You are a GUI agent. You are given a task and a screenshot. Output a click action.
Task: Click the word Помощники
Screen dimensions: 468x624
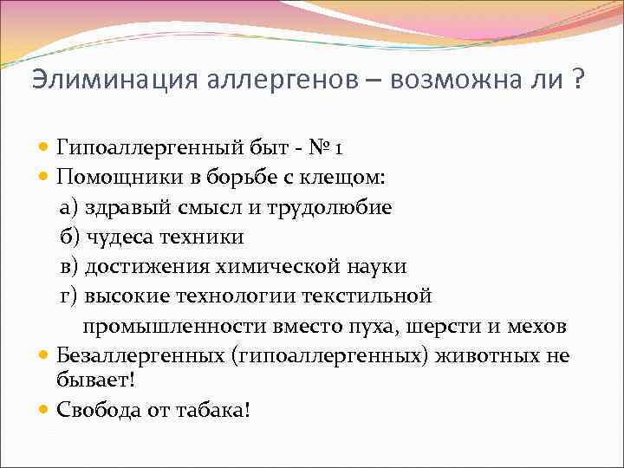point(116,178)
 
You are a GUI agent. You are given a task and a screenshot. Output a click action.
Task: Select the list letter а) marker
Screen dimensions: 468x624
point(68,208)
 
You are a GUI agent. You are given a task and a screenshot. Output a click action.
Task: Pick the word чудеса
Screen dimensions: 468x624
point(117,237)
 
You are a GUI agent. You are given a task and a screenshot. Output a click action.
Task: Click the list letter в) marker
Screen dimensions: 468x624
point(68,267)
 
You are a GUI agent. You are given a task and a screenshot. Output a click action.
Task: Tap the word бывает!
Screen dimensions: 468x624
point(91,381)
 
